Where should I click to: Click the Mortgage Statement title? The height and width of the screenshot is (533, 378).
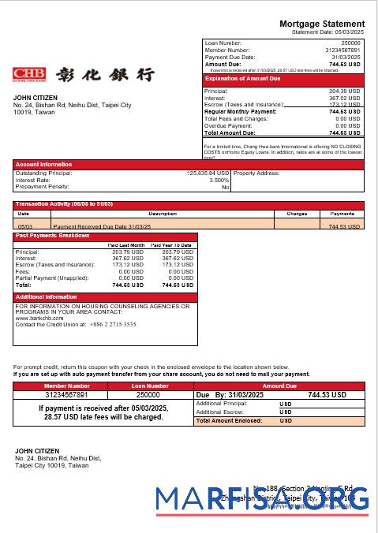322,24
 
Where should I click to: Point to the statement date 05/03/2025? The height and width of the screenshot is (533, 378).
348,32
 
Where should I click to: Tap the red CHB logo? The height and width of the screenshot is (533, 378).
29,74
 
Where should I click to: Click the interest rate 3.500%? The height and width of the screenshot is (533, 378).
219,180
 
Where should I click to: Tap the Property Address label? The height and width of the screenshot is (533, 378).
257,173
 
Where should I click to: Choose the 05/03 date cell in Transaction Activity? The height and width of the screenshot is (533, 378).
24,226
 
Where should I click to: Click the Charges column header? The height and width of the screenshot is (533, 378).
297,214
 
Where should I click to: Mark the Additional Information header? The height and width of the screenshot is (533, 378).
47,297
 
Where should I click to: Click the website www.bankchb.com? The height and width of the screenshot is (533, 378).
39,318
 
